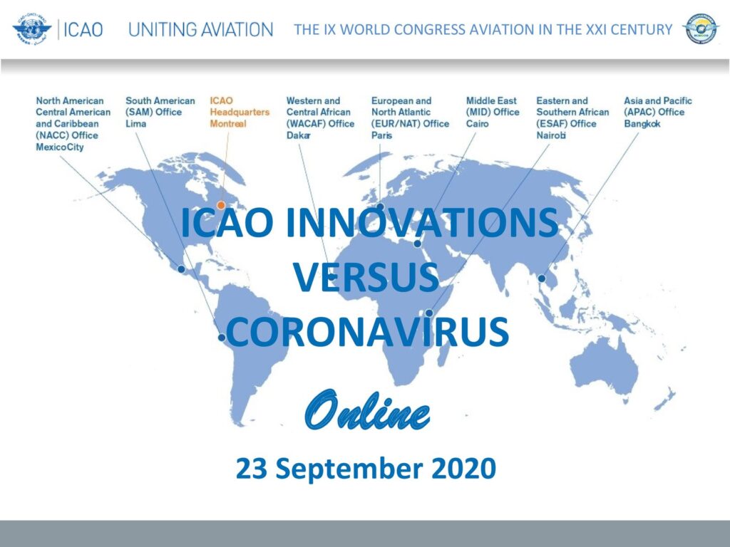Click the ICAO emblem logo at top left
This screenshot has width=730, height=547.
coord(31,28)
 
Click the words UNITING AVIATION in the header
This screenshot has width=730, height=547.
coord(200,30)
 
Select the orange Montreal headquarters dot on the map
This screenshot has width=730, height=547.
coord(221,205)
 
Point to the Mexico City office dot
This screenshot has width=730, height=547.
coord(182,269)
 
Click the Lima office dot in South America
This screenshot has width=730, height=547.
coord(222,337)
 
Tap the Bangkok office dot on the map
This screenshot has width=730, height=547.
coord(542,278)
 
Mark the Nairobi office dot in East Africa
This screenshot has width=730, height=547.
coord(429,313)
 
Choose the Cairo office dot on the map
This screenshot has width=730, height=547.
coord(418,244)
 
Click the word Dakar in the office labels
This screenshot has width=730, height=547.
coord(299,135)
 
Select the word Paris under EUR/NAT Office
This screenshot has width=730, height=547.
coord(382,135)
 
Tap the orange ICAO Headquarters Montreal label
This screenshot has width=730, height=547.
coord(240,112)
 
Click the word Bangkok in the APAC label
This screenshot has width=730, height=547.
coord(642,124)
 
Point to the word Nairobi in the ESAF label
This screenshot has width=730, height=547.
coord(551,135)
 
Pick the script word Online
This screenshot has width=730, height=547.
coord(367,410)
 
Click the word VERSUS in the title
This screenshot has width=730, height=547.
coord(366,277)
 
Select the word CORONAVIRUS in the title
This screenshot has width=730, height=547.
coord(367,332)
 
